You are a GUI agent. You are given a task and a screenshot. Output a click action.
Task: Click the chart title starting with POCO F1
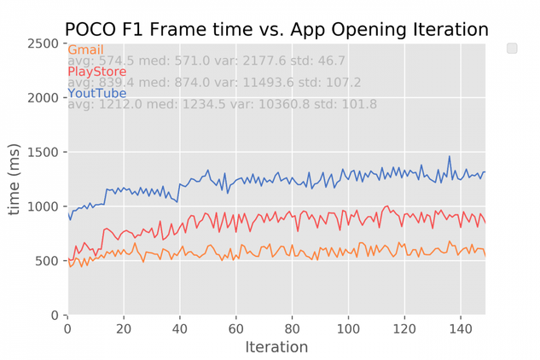click(x=276, y=29)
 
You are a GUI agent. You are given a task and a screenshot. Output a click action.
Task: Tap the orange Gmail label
click(x=86, y=49)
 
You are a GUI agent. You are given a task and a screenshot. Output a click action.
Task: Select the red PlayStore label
click(x=97, y=72)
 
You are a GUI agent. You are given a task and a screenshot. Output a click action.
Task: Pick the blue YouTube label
click(x=97, y=93)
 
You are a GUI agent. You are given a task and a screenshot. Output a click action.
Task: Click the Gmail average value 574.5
click(x=116, y=61)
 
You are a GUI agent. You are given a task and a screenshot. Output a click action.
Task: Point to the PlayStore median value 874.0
click(x=192, y=83)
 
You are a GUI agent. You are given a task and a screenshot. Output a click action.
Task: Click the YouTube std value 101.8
click(x=359, y=104)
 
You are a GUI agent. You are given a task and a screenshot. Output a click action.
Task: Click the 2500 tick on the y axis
click(x=43, y=44)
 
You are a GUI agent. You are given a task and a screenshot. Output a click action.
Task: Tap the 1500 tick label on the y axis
click(x=43, y=152)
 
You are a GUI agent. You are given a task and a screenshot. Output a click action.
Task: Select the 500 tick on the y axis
click(x=47, y=261)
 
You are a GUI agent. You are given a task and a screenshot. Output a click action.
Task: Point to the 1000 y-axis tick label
click(x=43, y=206)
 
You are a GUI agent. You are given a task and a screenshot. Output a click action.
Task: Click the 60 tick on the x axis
click(x=236, y=329)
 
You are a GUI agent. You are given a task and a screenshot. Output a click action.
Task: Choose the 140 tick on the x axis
click(x=461, y=329)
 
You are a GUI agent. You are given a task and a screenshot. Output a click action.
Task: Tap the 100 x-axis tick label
click(x=348, y=329)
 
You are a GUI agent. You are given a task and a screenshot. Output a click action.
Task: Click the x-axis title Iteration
click(x=276, y=347)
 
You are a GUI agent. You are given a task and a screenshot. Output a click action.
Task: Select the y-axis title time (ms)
click(x=14, y=179)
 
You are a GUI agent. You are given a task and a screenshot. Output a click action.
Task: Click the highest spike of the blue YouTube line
click(x=449, y=156)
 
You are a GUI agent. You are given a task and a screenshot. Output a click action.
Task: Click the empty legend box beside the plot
click(x=512, y=49)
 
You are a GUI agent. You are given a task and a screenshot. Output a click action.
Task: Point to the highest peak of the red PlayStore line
click(x=388, y=206)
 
